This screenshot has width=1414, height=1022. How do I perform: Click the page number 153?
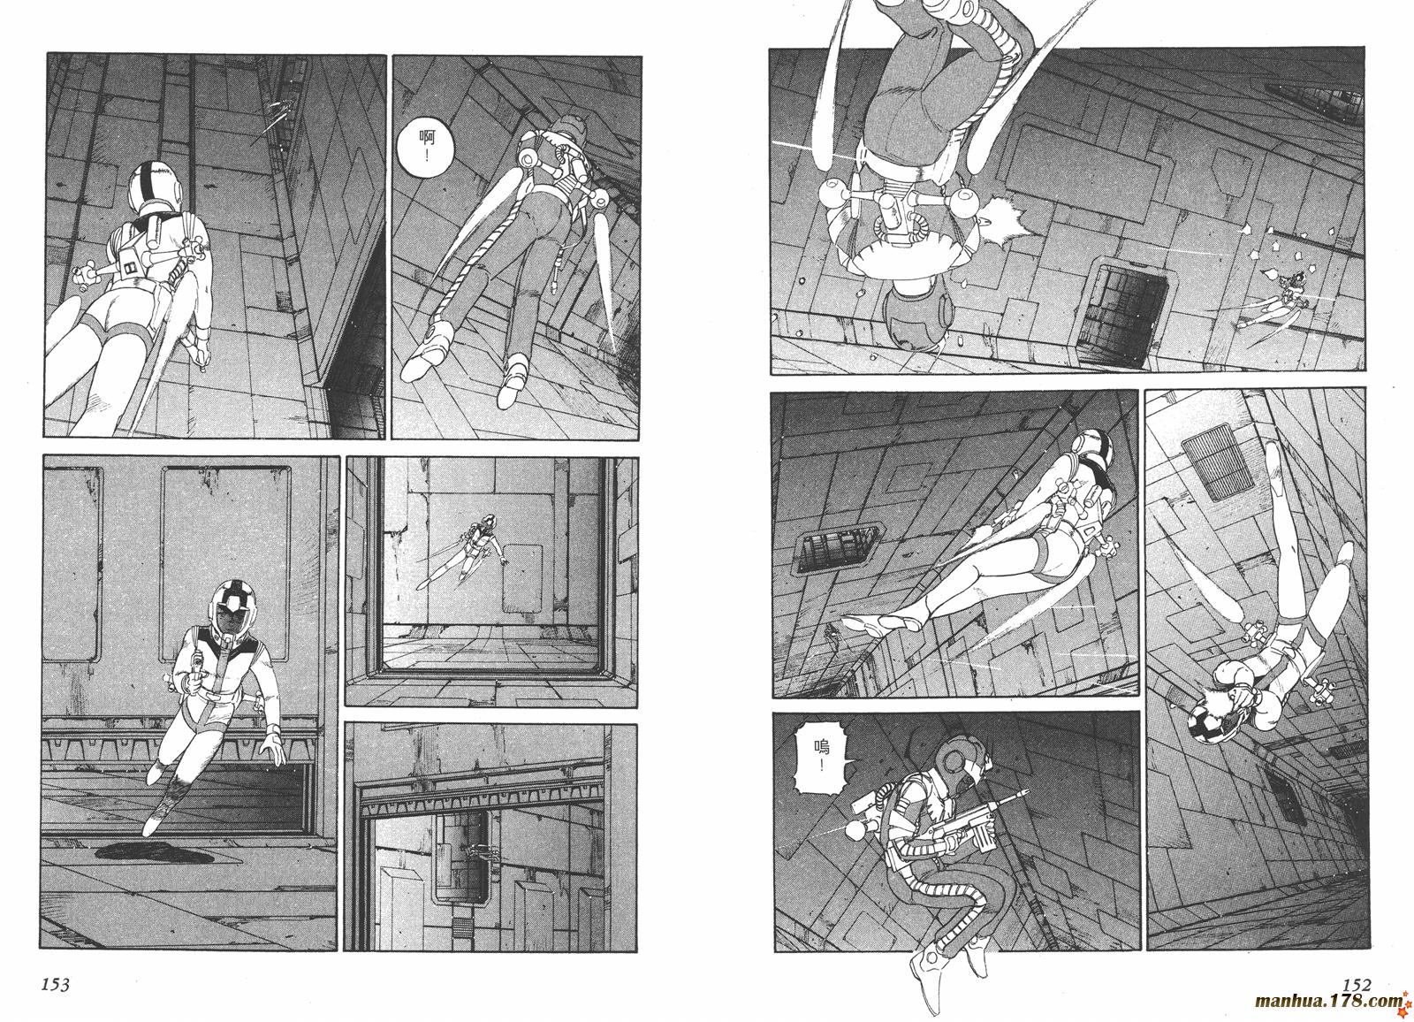pyautogui.click(x=56, y=984)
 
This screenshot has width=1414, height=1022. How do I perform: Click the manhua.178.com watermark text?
pyautogui.click(x=1327, y=1001)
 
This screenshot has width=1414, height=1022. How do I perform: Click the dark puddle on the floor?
pyautogui.click(x=156, y=852)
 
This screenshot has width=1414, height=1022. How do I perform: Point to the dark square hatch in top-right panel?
pyautogui.click(x=1122, y=316)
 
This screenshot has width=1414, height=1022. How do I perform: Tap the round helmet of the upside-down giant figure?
pyautogui.click(x=918, y=314)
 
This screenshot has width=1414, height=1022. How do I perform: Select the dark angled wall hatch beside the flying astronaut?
pyautogui.click(x=839, y=546)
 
